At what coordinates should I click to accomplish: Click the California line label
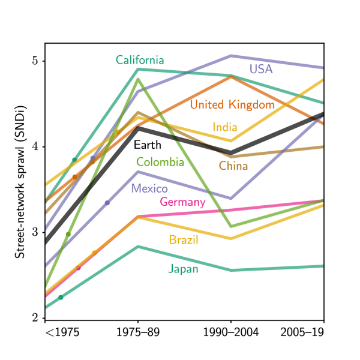click(x=140, y=60)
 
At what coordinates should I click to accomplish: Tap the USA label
click(x=261, y=69)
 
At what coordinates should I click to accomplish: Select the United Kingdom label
click(x=232, y=104)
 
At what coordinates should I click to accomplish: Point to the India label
click(x=225, y=127)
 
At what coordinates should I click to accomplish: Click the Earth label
click(x=147, y=145)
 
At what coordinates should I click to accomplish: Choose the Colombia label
click(x=160, y=161)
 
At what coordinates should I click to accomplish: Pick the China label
click(x=233, y=166)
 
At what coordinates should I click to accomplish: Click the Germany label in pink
click(x=182, y=202)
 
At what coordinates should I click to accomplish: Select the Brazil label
click(x=184, y=241)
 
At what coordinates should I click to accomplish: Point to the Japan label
click(x=183, y=269)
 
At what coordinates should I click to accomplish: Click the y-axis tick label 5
click(x=35, y=61)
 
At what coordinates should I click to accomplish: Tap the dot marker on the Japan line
click(x=61, y=297)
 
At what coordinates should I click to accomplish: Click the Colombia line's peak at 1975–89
click(x=138, y=79)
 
